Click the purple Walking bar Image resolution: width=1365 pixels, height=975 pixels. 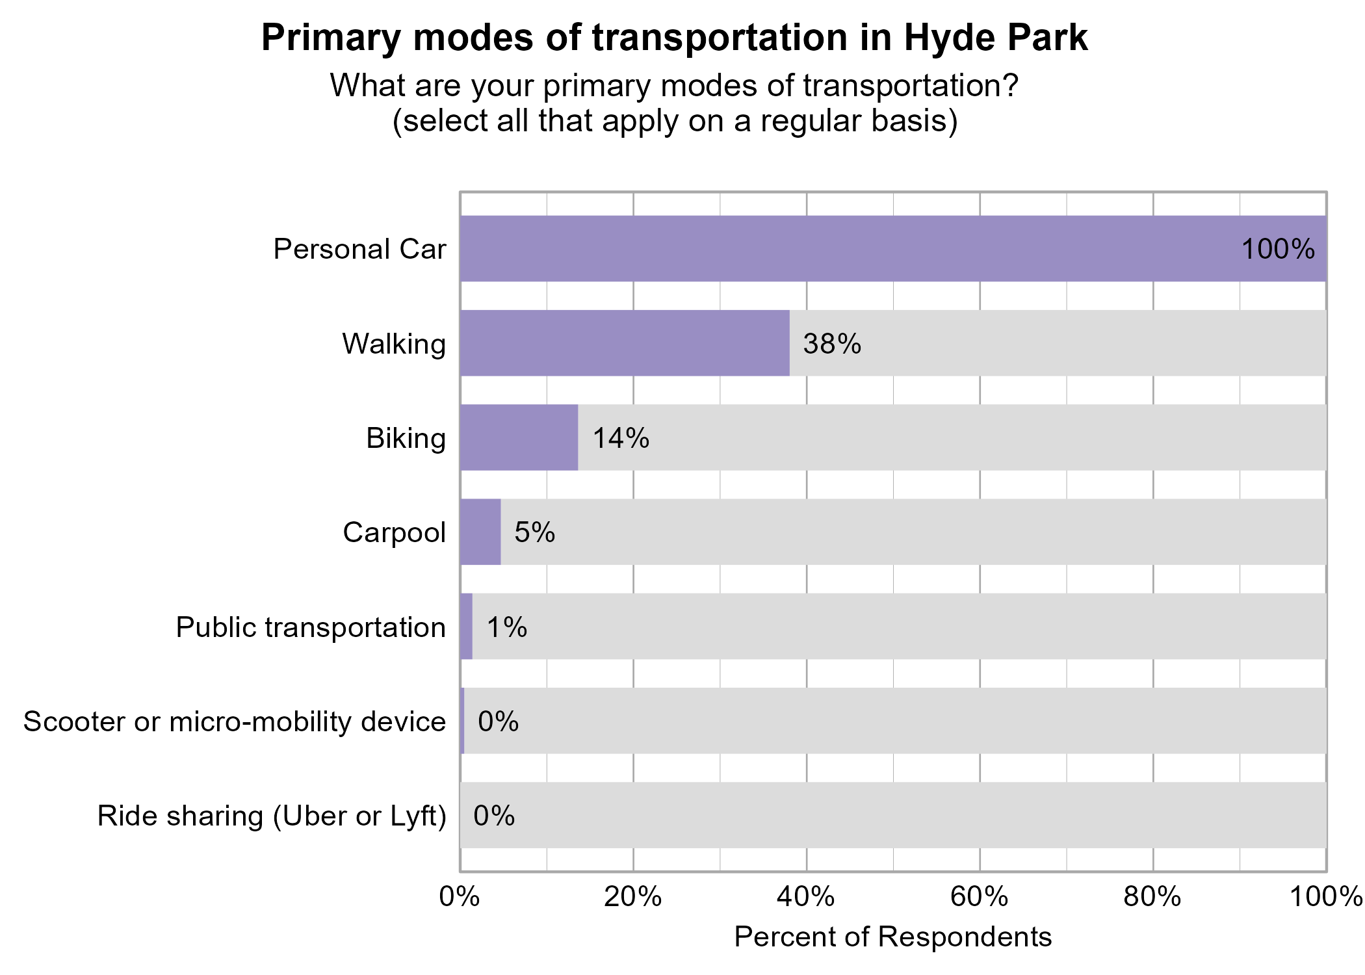click(x=624, y=343)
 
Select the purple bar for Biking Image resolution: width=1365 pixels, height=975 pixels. click(x=519, y=437)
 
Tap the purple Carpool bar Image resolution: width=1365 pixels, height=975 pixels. click(x=480, y=532)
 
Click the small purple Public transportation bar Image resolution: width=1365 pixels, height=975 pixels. click(x=466, y=627)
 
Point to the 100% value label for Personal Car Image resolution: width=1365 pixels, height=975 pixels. click(x=1277, y=250)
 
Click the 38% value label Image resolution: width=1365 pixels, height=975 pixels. click(x=831, y=344)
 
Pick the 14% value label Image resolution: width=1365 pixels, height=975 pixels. click(x=620, y=438)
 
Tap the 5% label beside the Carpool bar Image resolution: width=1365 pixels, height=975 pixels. click(x=534, y=532)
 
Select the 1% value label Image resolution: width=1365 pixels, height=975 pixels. click(x=506, y=627)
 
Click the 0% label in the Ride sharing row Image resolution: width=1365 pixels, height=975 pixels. click(x=494, y=816)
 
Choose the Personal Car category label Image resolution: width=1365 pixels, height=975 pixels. click(x=359, y=249)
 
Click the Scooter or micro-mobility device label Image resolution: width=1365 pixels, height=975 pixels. click(x=234, y=721)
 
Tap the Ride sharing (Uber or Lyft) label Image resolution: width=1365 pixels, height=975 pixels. click(x=272, y=816)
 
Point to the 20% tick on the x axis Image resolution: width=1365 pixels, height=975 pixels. click(x=632, y=898)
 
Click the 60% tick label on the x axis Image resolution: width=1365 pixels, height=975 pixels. click(x=979, y=898)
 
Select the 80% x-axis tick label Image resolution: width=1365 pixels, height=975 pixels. click(x=1152, y=898)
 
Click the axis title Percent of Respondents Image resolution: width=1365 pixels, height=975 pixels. click(x=892, y=937)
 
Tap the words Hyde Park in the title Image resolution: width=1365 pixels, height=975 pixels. click(x=994, y=38)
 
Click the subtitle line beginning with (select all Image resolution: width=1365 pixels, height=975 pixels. click(x=675, y=122)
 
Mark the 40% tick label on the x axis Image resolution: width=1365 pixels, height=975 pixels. click(x=806, y=898)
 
